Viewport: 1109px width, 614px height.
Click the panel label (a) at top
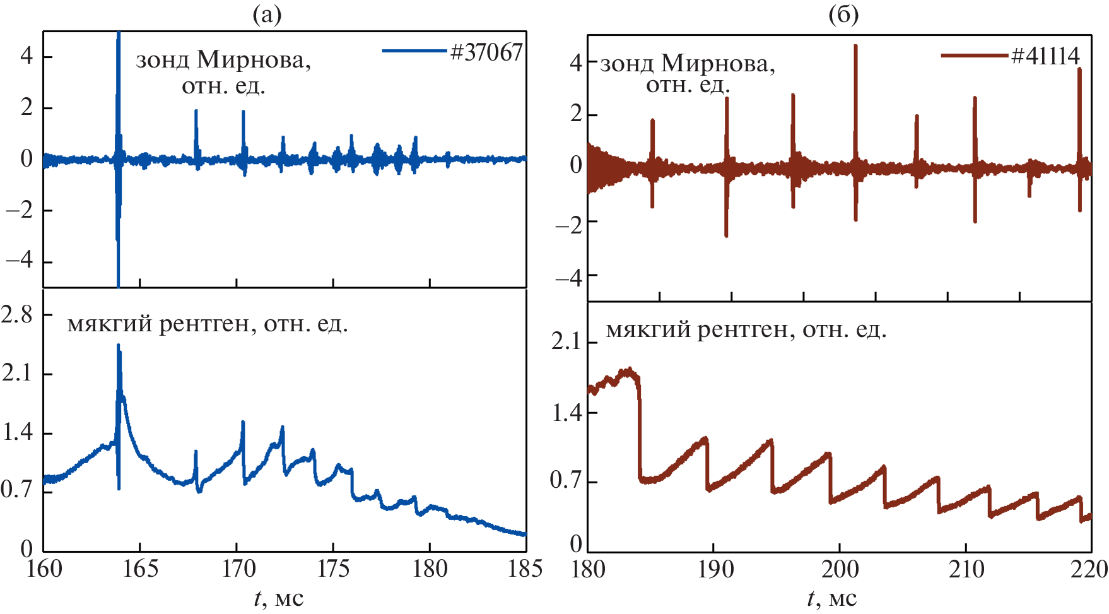click(267, 14)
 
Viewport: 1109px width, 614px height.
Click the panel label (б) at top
click(843, 14)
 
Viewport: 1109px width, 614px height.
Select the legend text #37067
click(486, 52)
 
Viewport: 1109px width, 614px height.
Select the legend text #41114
click(1045, 56)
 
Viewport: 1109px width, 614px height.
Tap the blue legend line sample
click(414, 50)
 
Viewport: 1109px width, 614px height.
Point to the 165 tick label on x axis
click(139, 569)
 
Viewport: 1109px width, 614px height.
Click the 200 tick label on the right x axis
click(840, 570)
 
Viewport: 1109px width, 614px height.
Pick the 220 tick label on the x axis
click(1090, 570)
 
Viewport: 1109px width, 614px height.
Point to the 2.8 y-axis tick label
click(17, 314)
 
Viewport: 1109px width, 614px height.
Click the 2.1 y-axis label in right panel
click(566, 341)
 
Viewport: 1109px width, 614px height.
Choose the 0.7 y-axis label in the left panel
click(17, 489)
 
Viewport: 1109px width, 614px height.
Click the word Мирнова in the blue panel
click(254, 61)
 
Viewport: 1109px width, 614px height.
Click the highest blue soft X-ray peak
click(118, 346)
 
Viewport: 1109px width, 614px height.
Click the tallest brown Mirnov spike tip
click(855, 46)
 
